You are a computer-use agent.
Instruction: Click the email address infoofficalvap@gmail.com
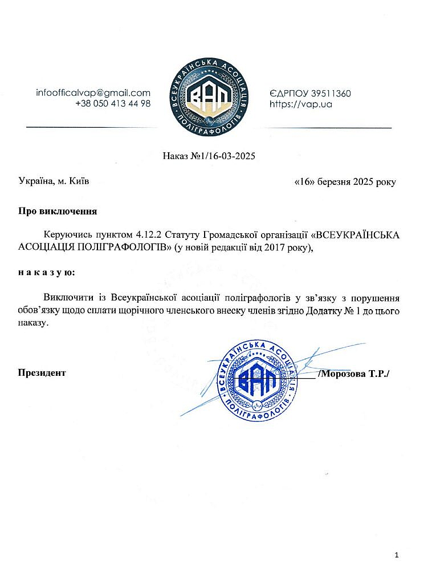coord(93,93)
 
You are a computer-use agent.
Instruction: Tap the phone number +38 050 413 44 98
coord(113,104)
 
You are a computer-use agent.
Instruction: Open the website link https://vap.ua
coord(300,104)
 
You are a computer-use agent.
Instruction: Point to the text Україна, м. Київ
coord(54,181)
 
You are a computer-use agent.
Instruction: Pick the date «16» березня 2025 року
coord(344,182)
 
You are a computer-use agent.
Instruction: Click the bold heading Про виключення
coord(57,211)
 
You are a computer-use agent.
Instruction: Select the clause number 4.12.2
coord(150,235)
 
